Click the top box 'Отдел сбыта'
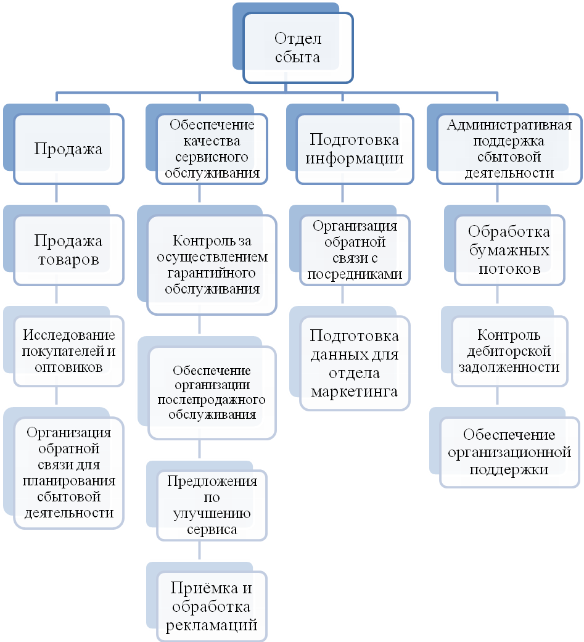tap(297, 48)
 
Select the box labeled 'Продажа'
tap(68, 148)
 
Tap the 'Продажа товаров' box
tap(68, 250)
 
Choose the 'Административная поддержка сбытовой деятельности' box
tap(509, 149)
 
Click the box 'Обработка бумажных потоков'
tap(509, 250)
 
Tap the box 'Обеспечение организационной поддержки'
tap(509, 452)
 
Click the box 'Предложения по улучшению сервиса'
tap(212, 504)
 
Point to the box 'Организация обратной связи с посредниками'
tap(354, 250)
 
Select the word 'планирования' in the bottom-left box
tap(68, 480)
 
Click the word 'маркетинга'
tap(354, 390)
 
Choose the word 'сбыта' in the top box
tap(298, 57)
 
